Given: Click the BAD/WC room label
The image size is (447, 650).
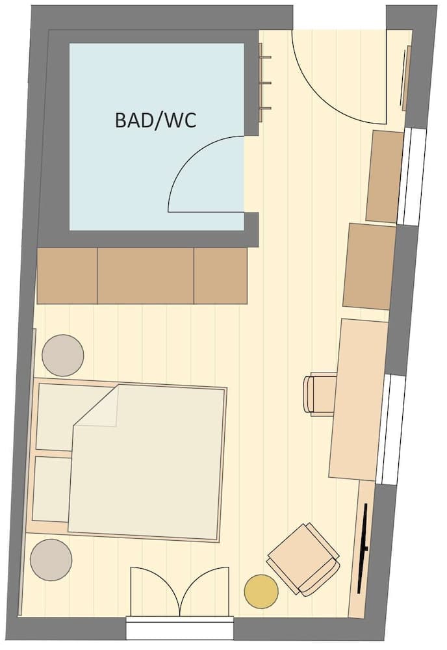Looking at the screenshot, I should click(155, 120).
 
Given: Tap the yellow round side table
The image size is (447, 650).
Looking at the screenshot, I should click(261, 591).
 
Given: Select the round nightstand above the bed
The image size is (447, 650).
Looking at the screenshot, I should click(63, 355).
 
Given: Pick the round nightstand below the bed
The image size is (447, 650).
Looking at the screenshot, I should click(51, 560).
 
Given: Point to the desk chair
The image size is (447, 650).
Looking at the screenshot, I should click(318, 394).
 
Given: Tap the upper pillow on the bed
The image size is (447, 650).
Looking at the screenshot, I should click(55, 416).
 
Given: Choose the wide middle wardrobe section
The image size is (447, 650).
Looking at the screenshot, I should click(146, 276).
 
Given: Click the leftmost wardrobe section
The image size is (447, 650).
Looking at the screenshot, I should click(67, 276).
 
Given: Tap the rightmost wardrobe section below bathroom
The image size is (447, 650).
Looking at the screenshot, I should click(220, 276).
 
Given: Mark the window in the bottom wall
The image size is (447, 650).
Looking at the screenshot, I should click(179, 629).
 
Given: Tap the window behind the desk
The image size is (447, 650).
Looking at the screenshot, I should click(392, 429).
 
